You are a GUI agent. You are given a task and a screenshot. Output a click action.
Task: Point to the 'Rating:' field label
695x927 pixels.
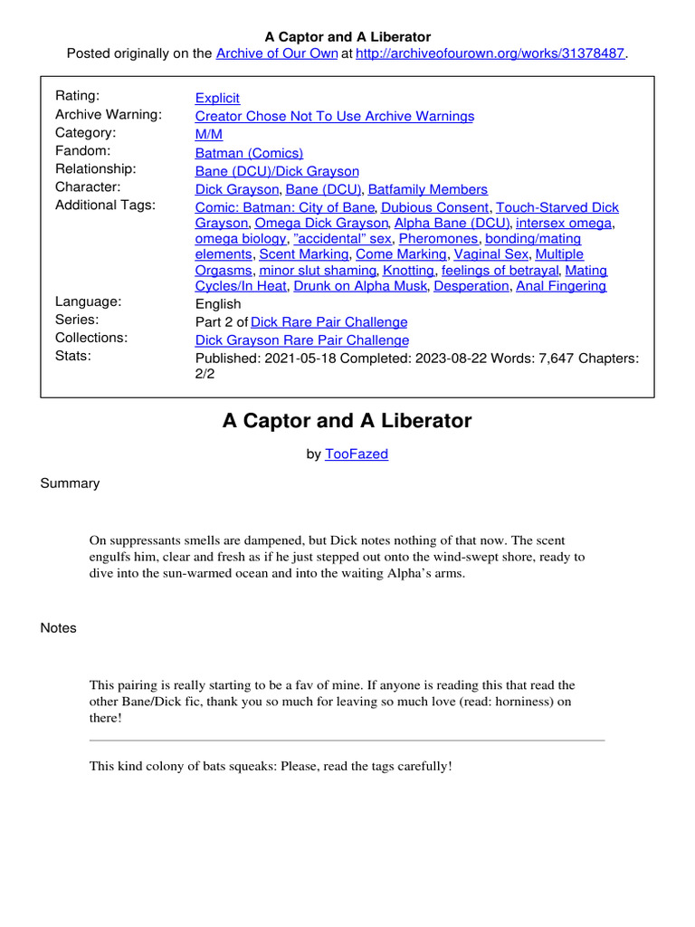tap(78, 96)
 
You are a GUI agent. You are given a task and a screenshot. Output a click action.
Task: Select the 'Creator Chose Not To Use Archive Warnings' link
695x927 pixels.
tap(334, 116)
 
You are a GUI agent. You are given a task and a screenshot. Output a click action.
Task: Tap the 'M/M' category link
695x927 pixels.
tap(209, 135)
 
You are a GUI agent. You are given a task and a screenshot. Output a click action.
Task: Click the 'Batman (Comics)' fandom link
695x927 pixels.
tap(249, 153)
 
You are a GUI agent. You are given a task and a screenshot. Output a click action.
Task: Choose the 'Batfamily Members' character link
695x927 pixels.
tap(427, 189)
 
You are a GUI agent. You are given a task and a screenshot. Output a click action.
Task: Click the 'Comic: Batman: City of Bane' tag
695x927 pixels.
tap(284, 207)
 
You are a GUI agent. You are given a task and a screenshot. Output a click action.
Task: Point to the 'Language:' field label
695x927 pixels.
tap(88, 301)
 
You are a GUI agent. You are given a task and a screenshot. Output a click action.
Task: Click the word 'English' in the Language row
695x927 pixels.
tap(218, 304)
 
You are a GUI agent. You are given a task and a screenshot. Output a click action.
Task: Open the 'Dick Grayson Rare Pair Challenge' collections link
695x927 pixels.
tap(302, 340)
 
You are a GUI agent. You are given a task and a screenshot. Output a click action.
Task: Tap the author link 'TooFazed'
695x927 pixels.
tap(356, 454)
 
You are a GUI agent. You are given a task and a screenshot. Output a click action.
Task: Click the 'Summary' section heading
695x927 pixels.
tap(70, 483)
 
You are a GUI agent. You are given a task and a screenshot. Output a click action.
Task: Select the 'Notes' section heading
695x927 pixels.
tap(58, 628)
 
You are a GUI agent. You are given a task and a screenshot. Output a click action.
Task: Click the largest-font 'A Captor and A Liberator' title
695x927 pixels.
tap(347, 421)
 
